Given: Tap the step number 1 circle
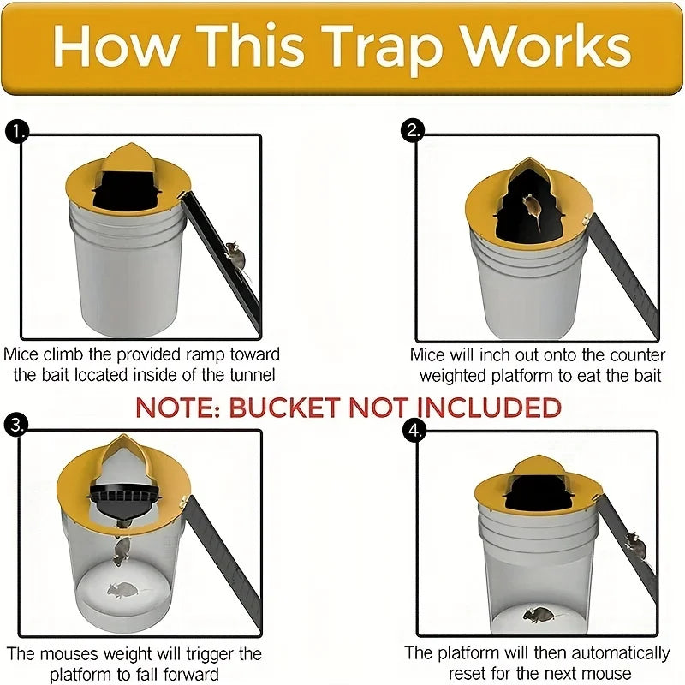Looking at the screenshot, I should pos(16,131).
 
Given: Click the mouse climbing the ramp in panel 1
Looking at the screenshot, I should pos(232,254).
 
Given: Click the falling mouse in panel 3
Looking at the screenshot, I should pos(122,549).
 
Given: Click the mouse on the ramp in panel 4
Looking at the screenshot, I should pos(634,542).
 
